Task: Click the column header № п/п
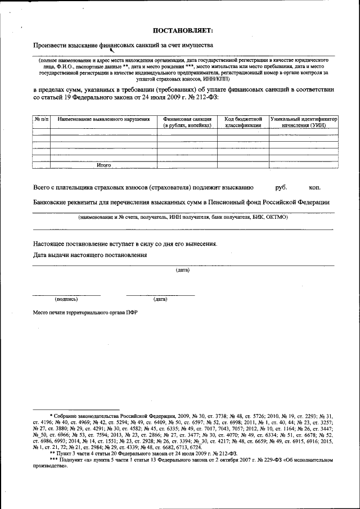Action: click(x=41, y=119)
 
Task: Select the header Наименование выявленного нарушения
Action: click(x=103, y=119)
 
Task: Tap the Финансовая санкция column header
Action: click(x=187, y=122)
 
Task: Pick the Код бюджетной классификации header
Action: click(x=243, y=122)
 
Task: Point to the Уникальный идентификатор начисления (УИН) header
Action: click(x=303, y=122)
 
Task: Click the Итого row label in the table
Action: click(x=103, y=165)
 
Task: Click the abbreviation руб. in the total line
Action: click(x=281, y=187)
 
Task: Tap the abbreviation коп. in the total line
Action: click(x=315, y=187)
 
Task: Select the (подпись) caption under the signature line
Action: click(x=66, y=299)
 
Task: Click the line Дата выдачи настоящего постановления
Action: click(x=90, y=255)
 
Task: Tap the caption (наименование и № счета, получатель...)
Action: click(x=183, y=217)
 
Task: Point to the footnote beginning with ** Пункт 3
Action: click(x=143, y=453)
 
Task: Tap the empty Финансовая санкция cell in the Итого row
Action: click(x=187, y=165)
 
